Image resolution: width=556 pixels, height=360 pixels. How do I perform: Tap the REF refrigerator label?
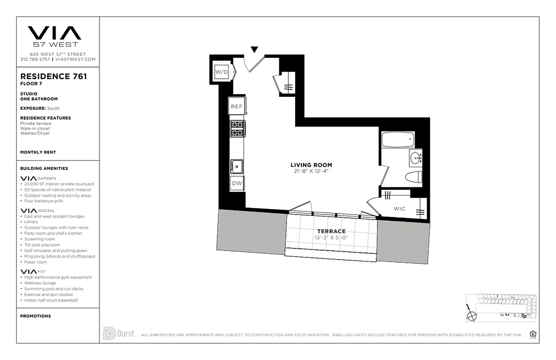[237, 107]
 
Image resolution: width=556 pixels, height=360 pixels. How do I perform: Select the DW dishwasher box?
[237, 183]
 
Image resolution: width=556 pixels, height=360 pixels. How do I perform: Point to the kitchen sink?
[236, 166]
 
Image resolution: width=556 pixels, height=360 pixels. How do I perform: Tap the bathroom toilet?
[413, 177]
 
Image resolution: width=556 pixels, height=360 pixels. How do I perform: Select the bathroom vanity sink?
[416, 157]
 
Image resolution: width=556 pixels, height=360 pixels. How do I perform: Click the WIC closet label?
[399, 209]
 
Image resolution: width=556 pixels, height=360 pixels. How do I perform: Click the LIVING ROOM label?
[311, 165]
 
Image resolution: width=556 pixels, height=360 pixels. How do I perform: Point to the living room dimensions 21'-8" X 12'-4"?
[311, 171]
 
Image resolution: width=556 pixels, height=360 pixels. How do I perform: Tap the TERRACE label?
[332, 231]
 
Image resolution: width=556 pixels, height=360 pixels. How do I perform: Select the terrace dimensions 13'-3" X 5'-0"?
[332, 238]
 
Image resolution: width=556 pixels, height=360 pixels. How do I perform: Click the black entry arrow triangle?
[254, 49]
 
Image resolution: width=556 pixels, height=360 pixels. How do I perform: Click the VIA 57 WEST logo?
[55, 36]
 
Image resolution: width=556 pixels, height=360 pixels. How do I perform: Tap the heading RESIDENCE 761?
[54, 76]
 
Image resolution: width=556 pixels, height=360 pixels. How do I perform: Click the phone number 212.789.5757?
[36, 59]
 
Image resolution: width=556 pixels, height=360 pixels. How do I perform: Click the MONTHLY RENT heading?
[38, 153]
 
